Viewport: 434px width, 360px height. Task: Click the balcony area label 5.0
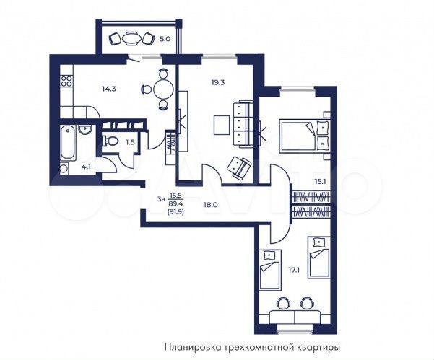click(x=165, y=39)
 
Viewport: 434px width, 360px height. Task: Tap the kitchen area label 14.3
click(x=108, y=89)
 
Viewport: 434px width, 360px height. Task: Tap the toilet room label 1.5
click(x=130, y=142)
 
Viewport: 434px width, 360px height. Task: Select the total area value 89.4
click(x=175, y=203)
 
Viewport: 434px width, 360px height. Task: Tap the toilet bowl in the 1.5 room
click(x=111, y=141)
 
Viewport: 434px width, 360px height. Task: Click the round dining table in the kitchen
click(x=162, y=89)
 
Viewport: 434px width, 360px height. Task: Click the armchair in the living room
click(x=235, y=167)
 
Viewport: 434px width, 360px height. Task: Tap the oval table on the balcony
click(x=131, y=39)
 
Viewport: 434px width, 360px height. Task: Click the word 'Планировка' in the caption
click(x=191, y=345)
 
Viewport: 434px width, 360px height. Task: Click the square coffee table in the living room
click(x=222, y=125)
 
